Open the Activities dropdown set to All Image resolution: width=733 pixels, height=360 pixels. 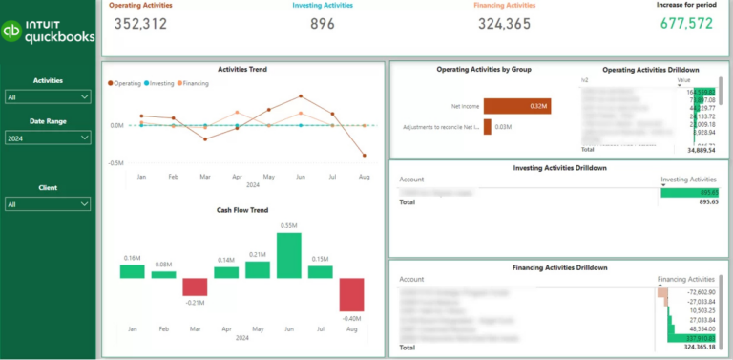pos(48,96)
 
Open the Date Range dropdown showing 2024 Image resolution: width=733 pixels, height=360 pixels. pos(48,138)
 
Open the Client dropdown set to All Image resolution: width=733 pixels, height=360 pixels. pos(48,204)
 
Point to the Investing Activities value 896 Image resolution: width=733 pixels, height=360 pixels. pos(323,23)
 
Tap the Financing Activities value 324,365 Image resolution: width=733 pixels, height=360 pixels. pos(504,23)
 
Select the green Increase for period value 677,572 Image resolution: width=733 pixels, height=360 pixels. pos(684,23)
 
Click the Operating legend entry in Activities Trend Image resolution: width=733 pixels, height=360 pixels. pos(127,83)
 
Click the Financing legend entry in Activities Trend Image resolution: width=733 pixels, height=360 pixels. pos(194,83)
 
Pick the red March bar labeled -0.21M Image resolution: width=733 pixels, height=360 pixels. pos(195,286)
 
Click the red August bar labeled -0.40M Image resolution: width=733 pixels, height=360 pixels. pos(351,294)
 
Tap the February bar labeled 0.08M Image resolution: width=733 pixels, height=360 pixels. pos(163,274)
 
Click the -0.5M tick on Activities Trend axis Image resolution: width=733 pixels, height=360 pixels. pos(115,163)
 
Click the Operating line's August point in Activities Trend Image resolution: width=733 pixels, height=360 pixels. pos(364,156)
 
